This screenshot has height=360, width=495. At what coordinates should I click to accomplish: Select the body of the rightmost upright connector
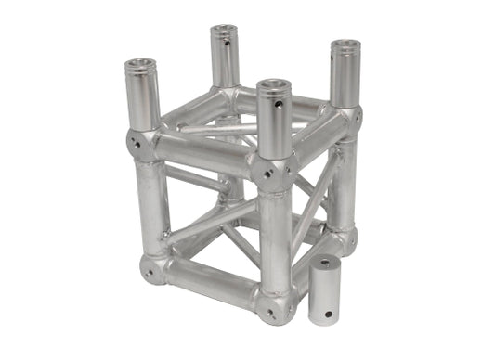click(345, 78)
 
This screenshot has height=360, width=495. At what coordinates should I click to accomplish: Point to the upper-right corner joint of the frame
click(348, 120)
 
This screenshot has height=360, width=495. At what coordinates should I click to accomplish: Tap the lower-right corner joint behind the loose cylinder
click(345, 239)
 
